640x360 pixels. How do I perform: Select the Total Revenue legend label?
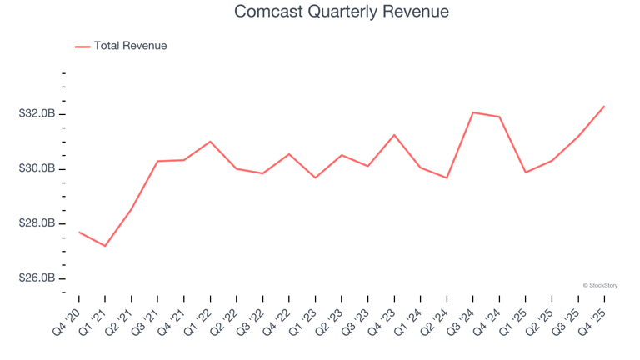tap(130, 46)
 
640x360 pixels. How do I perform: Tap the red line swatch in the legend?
tap(82, 47)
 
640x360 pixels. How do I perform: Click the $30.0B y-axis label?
tap(38, 169)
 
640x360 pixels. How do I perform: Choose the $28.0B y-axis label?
tap(38, 223)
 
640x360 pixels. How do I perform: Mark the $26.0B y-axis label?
tap(38, 278)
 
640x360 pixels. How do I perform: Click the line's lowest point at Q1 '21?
tap(105, 246)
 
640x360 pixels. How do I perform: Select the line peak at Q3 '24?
tap(473, 112)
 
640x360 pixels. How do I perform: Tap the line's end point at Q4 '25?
tap(604, 106)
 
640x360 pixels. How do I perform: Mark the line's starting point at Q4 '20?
tap(79, 232)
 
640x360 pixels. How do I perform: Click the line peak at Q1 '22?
tap(210, 142)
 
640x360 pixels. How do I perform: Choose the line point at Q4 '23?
tap(394, 135)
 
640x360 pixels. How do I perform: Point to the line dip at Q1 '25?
tap(525, 172)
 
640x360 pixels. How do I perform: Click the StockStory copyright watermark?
tap(600, 285)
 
